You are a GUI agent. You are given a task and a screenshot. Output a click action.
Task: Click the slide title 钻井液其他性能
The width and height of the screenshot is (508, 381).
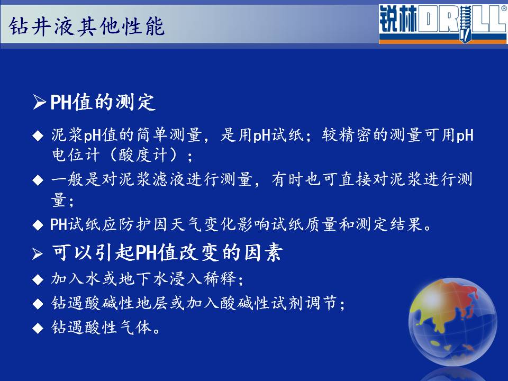[86, 26]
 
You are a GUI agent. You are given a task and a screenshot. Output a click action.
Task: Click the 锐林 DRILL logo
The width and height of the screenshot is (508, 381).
[443, 24]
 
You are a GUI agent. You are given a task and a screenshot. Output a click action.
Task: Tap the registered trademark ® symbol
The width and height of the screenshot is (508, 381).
[504, 8]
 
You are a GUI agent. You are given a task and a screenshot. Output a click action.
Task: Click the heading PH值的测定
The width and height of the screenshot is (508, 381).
[103, 102]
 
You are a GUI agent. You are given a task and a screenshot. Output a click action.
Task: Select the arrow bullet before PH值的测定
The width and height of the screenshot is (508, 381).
[39, 102]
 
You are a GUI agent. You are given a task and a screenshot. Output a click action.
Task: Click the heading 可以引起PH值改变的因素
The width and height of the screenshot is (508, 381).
[167, 252]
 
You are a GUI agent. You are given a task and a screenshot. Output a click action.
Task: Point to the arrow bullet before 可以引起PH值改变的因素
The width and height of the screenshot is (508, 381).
[38, 253]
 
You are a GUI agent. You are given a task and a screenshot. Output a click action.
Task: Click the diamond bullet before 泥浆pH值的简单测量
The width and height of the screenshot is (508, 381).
[38, 136]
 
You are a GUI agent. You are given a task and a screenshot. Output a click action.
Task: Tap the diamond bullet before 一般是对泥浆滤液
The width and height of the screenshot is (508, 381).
[38, 180]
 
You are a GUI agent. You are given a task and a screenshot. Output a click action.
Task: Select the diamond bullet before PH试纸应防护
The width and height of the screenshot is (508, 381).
[38, 225]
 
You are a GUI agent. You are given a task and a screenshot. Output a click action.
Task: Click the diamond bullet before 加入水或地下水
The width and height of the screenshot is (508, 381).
[38, 279]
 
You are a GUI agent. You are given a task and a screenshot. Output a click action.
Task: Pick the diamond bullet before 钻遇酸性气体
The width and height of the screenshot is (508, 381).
[38, 328]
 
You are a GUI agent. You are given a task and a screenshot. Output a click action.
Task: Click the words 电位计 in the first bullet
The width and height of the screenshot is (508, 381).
[76, 155]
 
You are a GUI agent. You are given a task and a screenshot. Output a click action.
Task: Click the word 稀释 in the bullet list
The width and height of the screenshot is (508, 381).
[220, 279]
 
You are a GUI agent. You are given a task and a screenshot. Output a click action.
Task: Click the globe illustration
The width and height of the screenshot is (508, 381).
[452, 322]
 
